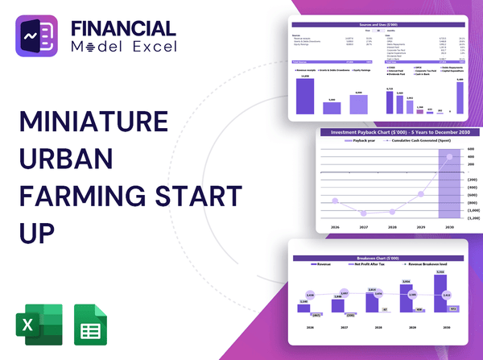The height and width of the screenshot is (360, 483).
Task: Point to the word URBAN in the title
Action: pyautogui.click(x=64, y=159)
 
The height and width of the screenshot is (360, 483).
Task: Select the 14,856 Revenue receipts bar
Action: pyautogui.click(x=305, y=95)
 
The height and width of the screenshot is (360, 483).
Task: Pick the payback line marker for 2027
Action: pyautogui.click(x=365, y=213)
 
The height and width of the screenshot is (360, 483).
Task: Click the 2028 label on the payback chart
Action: pyautogui.click(x=393, y=227)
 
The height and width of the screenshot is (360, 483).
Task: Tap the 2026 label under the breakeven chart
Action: pyautogui.click(x=303, y=329)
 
